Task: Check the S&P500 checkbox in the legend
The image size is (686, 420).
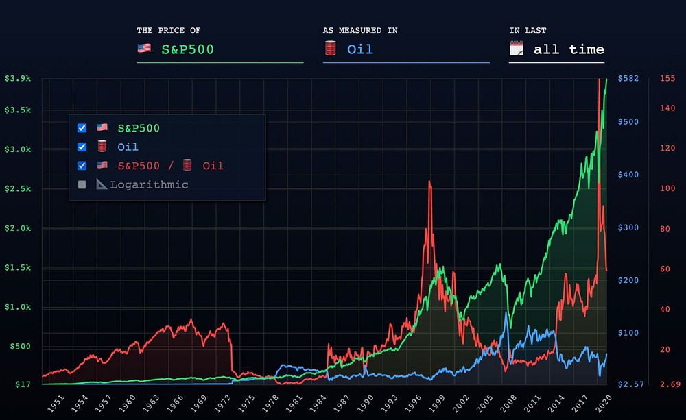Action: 82,128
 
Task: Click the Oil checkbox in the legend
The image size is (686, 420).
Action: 82,147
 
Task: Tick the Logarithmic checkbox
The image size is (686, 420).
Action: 82,184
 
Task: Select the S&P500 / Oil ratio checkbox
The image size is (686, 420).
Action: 82,166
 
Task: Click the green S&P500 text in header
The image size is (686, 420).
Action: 187,49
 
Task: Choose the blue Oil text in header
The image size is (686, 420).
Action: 359,49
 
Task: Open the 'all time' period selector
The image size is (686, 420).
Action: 569,49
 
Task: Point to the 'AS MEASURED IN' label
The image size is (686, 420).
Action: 360,30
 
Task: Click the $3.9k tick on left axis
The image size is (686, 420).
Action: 17,78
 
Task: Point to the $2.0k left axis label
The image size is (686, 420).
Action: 17,228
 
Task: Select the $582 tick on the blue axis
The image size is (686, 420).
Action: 628,78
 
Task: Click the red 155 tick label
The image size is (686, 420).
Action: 667,78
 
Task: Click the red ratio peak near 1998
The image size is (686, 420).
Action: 429,182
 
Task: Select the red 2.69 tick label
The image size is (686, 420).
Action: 669,385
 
